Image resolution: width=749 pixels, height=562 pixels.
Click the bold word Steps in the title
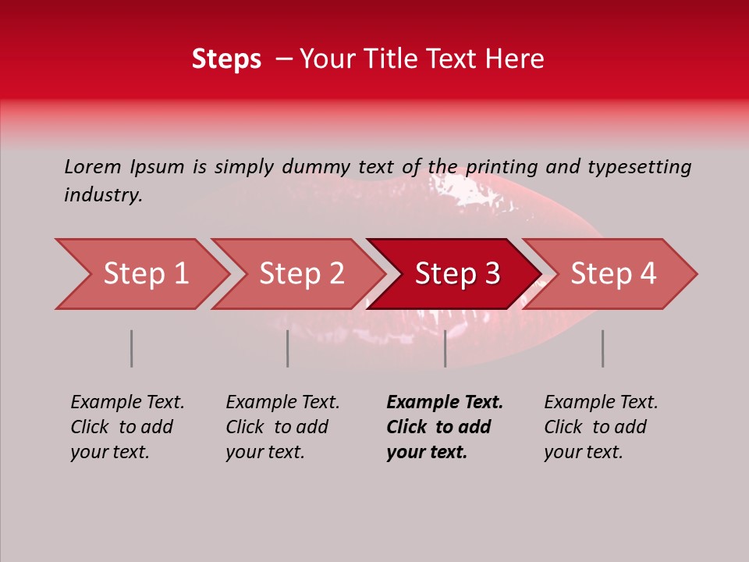click(x=226, y=59)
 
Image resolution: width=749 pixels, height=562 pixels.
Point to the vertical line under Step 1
click(x=132, y=348)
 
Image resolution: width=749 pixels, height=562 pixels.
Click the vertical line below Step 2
click(x=288, y=348)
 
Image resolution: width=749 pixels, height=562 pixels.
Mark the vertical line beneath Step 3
click(x=445, y=348)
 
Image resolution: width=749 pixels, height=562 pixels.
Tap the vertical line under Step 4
click(x=603, y=348)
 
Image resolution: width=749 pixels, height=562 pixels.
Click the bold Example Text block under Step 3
click(x=445, y=427)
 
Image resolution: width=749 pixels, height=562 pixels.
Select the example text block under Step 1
click(x=127, y=427)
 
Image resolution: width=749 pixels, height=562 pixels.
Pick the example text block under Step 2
click(x=282, y=427)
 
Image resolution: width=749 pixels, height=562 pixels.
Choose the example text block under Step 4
click(x=601, y=427)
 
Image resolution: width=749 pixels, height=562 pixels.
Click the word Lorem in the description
click(x=93, y=166)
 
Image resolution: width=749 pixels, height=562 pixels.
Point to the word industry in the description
click(x=103, y=195)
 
